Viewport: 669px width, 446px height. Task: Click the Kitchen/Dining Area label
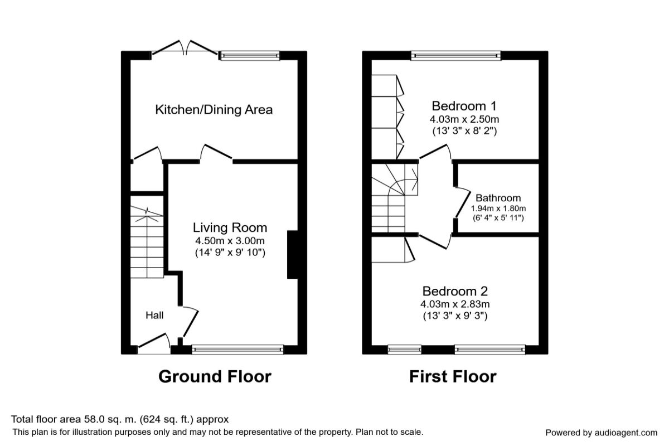(x=214, y=109)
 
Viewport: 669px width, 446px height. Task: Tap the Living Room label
(x=230, y=227)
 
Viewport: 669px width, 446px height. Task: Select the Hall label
(x=154, y=316)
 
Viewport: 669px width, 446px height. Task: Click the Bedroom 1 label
(x=464, y=106)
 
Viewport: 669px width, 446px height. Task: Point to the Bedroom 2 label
(x=455, y=291)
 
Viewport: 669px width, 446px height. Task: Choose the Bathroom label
(x=498, y=198)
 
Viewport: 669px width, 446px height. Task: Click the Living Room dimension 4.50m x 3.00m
(x=230, y=241)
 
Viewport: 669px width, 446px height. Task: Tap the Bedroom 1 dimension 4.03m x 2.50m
(x=464, y=119)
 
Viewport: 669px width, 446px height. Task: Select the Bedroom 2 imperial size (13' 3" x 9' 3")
(x=455, y=317)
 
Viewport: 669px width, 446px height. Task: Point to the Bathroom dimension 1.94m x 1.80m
(x=498, y=208)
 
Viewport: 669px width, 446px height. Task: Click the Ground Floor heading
(x=215, y=377)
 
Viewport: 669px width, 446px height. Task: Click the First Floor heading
(x=453, y=377)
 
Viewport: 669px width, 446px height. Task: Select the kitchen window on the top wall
(x=249, y=55)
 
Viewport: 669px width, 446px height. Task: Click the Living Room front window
(x=237, y=350)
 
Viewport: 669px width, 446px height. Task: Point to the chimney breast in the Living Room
(x=292, y=254)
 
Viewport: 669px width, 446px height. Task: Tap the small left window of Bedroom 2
(x=404, y=350)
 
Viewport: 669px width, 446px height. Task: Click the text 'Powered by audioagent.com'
(x=601, y=433)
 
